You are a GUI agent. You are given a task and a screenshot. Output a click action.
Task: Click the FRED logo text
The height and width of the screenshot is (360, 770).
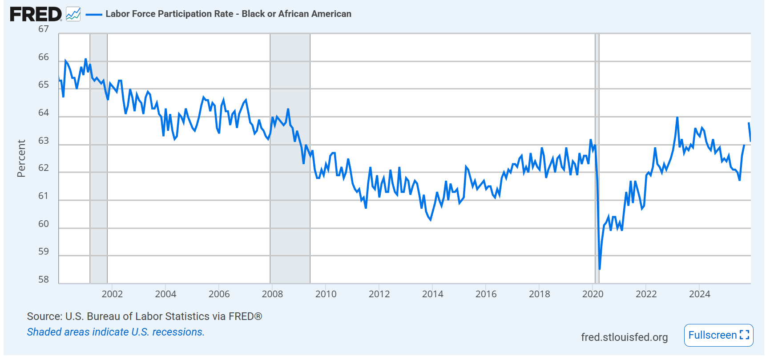point(36,14)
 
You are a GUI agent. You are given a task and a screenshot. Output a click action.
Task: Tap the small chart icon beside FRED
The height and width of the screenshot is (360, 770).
point(73,14)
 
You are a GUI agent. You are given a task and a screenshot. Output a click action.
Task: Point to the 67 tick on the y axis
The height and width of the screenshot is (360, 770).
point(44,29)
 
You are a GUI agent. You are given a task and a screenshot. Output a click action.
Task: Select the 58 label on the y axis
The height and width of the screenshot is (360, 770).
point(44,279)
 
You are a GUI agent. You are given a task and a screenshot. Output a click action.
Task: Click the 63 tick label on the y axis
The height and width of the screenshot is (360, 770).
point(44,141)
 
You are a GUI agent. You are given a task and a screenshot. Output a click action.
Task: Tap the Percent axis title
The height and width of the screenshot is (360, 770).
point(21,158)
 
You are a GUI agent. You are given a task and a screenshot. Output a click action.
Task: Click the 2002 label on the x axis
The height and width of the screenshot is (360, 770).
point(112,294)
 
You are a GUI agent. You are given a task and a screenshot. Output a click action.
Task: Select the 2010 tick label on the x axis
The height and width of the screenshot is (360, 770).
point(326,294)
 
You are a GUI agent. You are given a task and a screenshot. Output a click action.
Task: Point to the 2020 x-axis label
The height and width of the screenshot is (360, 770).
point(593,294)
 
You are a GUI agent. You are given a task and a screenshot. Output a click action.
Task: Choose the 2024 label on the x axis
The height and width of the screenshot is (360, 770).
point(699,294)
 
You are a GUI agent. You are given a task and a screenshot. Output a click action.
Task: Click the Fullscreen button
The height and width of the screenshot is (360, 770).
point(718,335)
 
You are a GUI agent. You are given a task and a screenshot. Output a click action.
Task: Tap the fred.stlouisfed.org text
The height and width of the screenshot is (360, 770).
point(624,337)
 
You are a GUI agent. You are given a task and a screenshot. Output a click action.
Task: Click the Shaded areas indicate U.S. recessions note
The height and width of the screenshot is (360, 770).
point(116,332)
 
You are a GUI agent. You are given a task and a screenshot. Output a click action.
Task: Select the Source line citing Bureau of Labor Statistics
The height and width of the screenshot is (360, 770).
point(145,316)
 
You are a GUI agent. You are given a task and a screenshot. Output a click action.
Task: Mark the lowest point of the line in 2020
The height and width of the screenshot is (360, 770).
point(600,269)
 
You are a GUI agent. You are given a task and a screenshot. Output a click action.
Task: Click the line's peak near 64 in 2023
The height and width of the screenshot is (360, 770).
point(677,117)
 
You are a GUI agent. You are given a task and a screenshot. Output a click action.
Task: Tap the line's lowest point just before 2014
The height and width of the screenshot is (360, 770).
point(430,219)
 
